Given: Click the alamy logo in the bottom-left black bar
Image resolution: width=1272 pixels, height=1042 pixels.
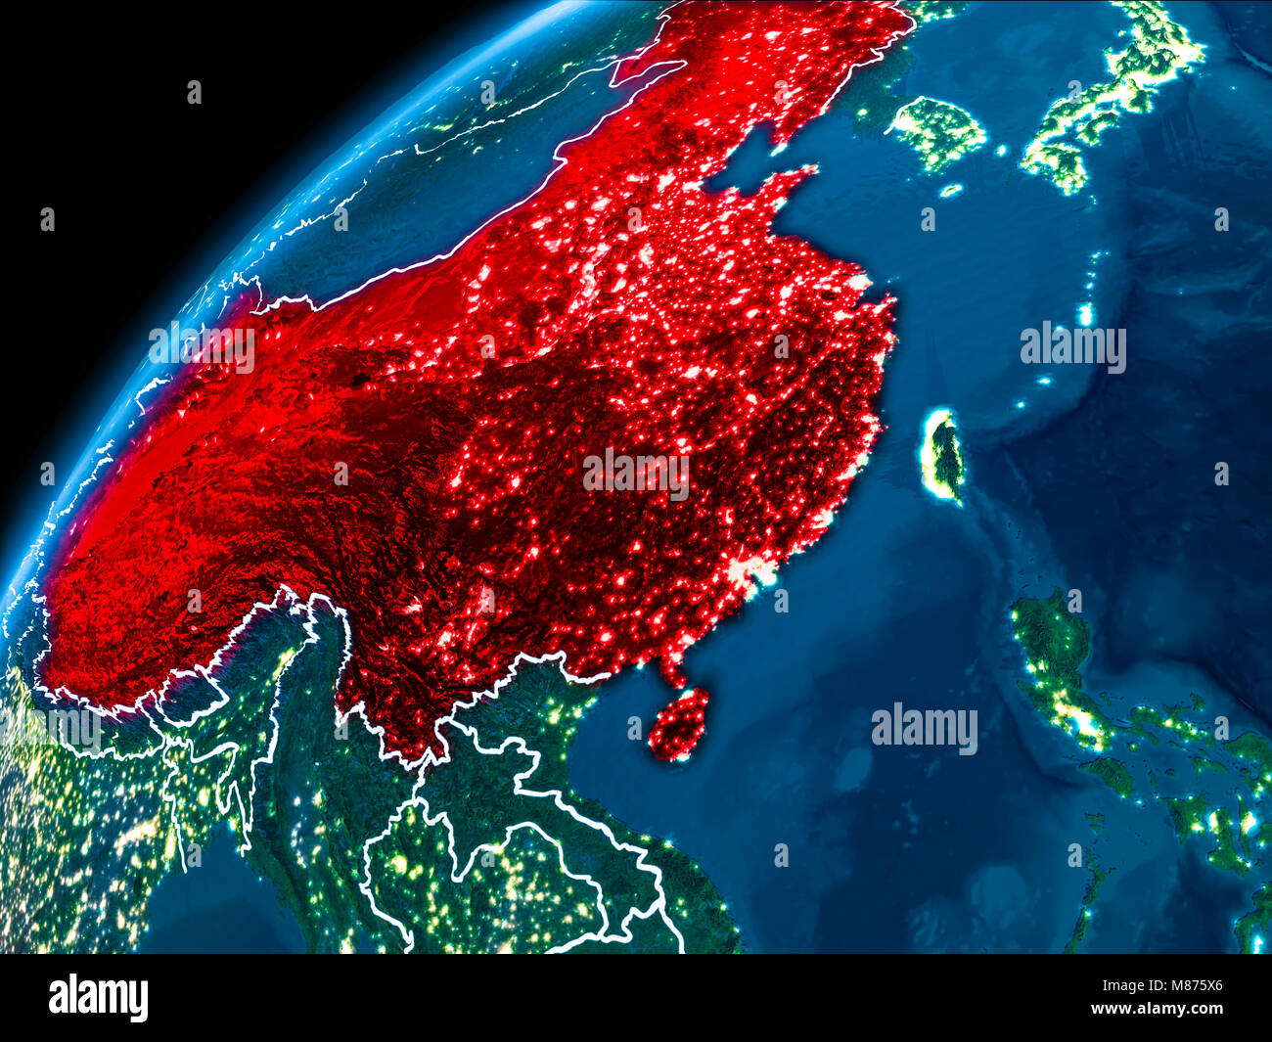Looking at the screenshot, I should [98, 997].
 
